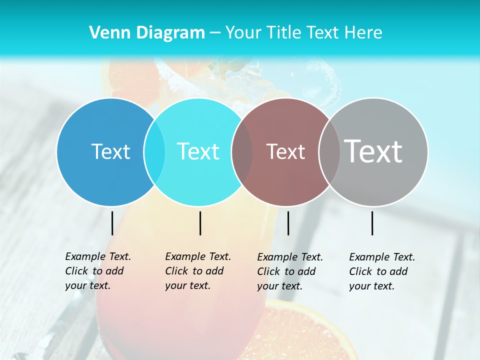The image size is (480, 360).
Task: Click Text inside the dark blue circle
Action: click(110, 151)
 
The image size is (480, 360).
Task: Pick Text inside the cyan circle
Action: click(198, 151)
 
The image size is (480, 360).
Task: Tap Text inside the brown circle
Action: click(286, 152)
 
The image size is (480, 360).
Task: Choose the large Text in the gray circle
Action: click(373, 151)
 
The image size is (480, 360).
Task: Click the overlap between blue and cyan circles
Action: click(154, 152)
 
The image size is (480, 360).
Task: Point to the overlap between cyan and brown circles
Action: click(242, 152)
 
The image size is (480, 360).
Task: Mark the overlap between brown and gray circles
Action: click(329, 152)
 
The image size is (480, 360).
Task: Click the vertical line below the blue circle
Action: click(112, 223)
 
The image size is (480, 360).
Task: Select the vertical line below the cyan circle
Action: click(200, 223)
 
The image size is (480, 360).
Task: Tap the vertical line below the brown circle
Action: click(288, 223)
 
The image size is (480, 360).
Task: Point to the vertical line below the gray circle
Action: click(372, 223)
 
